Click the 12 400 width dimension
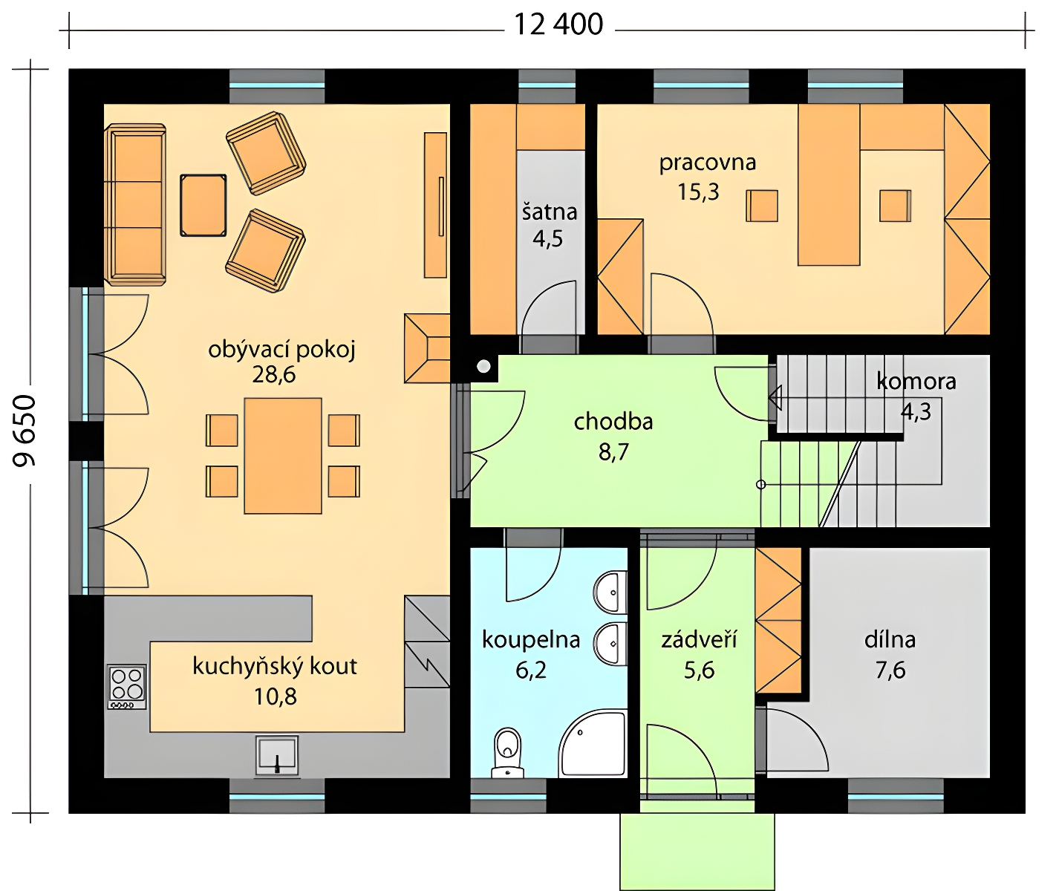(x=558, y=25)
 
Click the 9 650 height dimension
(x=24, y=431)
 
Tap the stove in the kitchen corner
(x=127, y=687)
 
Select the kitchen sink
(x=276, y=755)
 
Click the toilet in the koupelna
(x=508, y=753)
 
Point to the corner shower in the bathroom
(x=593, y=745)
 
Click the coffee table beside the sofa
(x=203, y=206)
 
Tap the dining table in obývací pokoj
(x=283, y=456)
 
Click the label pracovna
(x=708, y=163)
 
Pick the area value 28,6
(x=274, y=375)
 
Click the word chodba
(x=613, y=422)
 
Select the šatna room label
(x=550, y=212)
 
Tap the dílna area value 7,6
(x=890, y=670)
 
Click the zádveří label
(x=699, y=640)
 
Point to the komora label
(x=916, y=382)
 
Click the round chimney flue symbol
(x=483, y=366)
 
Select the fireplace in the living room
(x=427, y=348)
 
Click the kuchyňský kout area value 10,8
(x=276, y=696)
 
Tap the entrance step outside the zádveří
(x=697, y=852)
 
